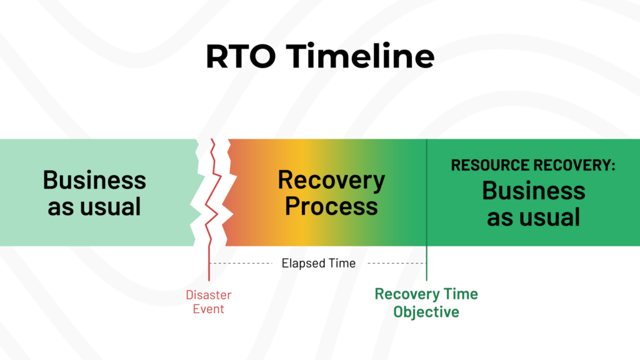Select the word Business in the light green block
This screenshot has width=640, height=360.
[94, 180]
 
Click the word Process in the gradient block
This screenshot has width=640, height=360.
[331, 206]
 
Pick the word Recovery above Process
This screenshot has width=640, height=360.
[331, 180]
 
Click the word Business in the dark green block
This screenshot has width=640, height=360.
[533, 190]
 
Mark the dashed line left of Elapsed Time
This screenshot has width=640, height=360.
[241, 263]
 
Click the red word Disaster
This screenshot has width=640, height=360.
[209, 295]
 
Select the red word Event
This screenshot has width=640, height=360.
[209, 309]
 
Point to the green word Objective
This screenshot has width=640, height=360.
[426, 312]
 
